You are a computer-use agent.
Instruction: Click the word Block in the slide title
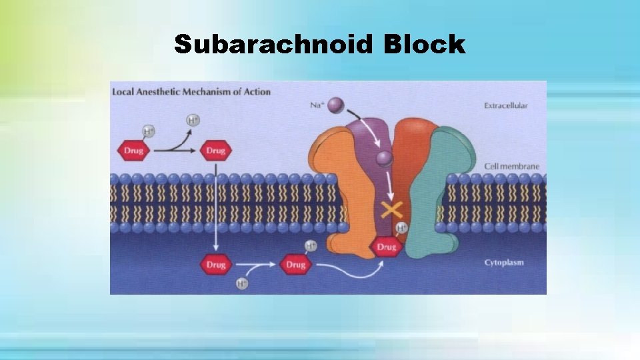point(424,45)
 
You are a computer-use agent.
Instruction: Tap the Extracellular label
point(506,105)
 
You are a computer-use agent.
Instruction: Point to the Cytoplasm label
point(504,263)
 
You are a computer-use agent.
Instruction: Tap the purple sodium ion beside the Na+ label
point(337,105)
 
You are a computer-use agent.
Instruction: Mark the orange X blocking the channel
point(391,211)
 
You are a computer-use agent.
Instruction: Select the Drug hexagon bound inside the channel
point(387,247)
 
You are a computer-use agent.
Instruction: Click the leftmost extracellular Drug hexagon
point(133,151)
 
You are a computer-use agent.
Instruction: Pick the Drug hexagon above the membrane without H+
point(215,151)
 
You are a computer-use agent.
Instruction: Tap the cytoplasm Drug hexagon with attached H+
point(296,264)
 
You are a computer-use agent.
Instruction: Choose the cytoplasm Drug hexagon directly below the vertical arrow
point(215,265)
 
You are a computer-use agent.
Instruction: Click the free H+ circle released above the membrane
point(193,121)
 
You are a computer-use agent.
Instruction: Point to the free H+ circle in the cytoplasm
point(242,284)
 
